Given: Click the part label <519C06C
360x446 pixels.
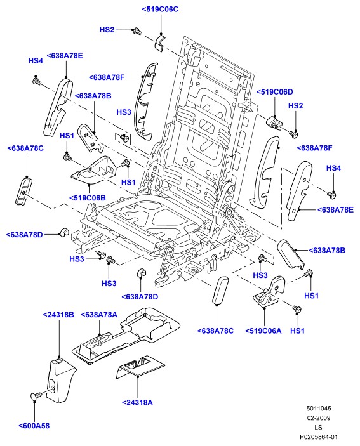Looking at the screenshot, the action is click(160, 9).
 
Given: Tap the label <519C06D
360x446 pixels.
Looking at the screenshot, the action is click(275, 92).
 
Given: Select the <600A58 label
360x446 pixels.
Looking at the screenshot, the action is click(34, 426).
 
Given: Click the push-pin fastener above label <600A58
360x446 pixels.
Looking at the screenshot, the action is click(36, 396).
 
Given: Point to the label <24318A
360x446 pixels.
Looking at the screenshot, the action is click(137, 402).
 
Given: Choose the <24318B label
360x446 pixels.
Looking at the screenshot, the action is click(58, 315).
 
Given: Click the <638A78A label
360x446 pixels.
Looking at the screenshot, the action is click(99, 315).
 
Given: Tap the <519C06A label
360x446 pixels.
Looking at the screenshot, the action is click(263, 331).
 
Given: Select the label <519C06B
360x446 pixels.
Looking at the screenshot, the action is click(88, 198).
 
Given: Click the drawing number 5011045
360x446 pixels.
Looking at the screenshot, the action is click(319, 409).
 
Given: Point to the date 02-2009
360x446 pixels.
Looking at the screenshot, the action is click(319, 418).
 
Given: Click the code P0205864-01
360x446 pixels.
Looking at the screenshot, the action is click(319, 436).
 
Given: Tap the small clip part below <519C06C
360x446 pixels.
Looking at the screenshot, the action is click(160, 43).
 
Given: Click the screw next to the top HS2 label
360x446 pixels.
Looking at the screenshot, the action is click(137, 30).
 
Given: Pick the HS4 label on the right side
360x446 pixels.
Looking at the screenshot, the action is click(333, 168).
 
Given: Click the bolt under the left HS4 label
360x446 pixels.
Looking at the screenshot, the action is click(37, 81).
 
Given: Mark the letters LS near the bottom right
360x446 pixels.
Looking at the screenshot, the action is click(319, 427).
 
